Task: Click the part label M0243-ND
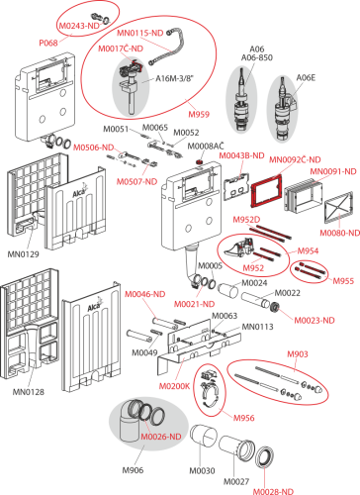tap(79, 26)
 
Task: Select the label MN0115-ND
tap(140, 33)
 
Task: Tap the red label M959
tap(199, 114)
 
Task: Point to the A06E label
tap(306, 77)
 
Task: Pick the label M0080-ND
tap(340, 233)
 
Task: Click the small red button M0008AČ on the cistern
tap(200, 162)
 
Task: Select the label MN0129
tap(23, 254)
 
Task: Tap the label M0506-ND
tap(93, 148)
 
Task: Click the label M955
tap(343, 281)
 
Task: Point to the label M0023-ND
tap(315, 320)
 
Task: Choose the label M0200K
tap(174, 386)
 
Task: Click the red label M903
tap(298, 354)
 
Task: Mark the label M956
tap(244, 418)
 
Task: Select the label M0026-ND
tap(161, 437)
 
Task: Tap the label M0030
tap(202, 470)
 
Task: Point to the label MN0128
tap(29, 392)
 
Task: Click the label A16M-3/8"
tap(175, 78)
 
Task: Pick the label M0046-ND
tap(144, 294)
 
